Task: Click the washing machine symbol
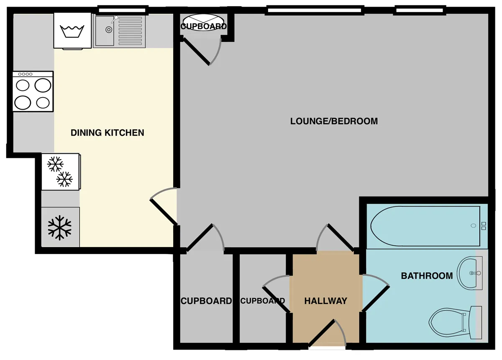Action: pyautogui.click(x=72, y=31)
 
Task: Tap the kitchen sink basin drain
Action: pyautogui.click(x=109, y=29)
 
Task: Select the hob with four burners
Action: pyautogui.click(x=33, y=92)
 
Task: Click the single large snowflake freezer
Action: pyautogui.click(x=60, y=227)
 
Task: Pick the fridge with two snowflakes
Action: pyautogui.click(x=61, y=172)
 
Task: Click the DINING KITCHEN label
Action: pyautogui.click(x=108, y=133)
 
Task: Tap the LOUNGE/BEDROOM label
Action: pyautogui.click(x=334, y=121)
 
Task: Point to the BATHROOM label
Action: pyautogui.click(x=427, y=276)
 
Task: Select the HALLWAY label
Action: pyautogui.click(x=325, y=301)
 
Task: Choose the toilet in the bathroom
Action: pyautogui.click(x=456, y=323)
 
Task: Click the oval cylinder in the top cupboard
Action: pyautogui.click(x=203, y=23)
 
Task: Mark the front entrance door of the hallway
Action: pyautogui.click(x=327, y=334)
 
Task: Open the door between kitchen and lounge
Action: pyautogui.click(x=164, y=206)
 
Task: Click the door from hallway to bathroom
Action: pyautogui.click(x=376, y=293)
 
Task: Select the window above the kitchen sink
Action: pyautogui.click(x=122, y=10)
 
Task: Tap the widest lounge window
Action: pyautogui.click(x=314, y=10)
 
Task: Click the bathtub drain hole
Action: pyautogui.click(x=473, y=226)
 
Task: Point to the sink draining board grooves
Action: pyautogui.click(x=130, y=31)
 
